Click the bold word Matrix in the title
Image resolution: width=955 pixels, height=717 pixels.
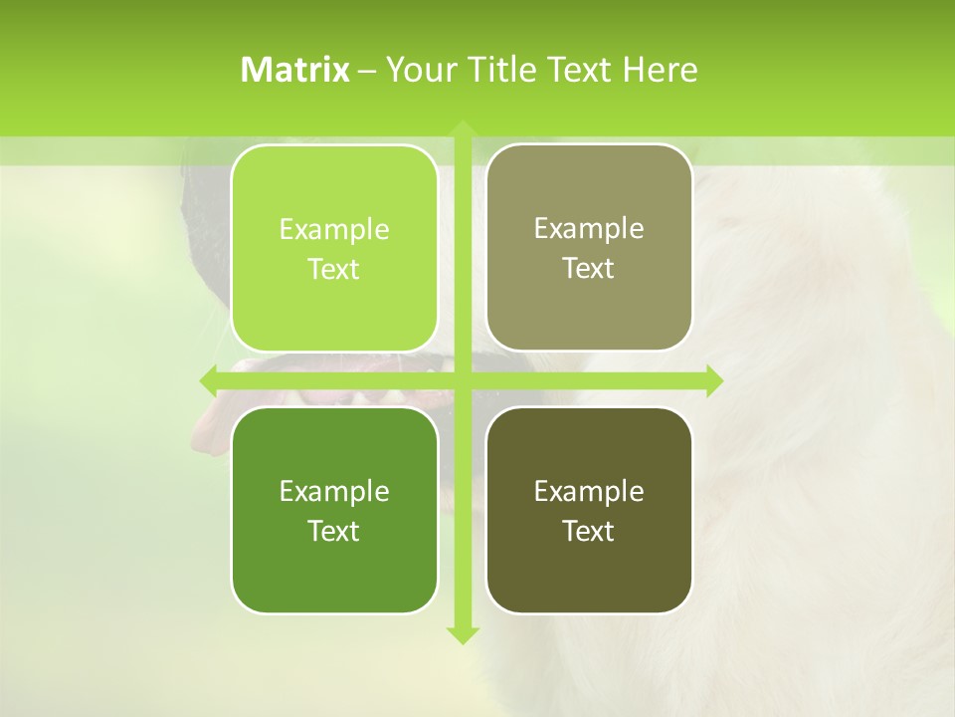point(295,70)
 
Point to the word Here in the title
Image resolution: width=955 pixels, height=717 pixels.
point(660,70)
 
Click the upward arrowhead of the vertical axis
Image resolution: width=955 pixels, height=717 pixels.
point(463,130)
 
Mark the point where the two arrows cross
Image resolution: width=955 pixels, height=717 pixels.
point(463,380)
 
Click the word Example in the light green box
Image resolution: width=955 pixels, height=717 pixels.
point(334,230)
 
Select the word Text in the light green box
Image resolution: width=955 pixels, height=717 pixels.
point(334,270)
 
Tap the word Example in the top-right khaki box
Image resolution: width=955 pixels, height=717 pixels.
point(589,229)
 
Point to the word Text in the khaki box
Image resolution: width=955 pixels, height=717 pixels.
point(589,269)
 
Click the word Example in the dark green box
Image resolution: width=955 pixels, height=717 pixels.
point(334,492)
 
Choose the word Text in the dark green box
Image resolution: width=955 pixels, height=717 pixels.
point(334,532)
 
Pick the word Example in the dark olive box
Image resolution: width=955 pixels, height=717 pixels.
point(589,492)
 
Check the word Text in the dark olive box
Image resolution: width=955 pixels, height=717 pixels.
point(589,532)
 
